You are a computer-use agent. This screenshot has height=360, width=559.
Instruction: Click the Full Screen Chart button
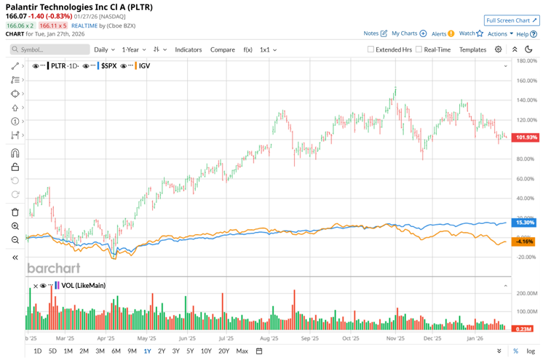point(512,20)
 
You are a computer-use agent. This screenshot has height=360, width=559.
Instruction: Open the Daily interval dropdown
point(104,49)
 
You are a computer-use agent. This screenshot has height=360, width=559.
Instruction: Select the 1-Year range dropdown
point(133,49)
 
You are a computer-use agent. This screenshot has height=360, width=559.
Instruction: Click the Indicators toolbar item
point(188,49)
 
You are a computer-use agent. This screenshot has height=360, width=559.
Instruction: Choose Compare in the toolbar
point(223,49)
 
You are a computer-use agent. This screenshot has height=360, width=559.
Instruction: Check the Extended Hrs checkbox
point(370,49)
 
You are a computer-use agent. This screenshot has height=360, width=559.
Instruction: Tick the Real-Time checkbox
point(419,49)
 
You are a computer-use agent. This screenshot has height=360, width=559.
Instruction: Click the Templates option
point(472,49)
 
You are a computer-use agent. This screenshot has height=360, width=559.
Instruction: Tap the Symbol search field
point(49,49)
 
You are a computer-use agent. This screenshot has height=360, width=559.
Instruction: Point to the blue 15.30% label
point(525,223)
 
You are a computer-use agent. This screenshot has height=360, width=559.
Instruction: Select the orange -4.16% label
point(524,241)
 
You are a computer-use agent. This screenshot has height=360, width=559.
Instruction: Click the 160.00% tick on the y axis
point(526,81)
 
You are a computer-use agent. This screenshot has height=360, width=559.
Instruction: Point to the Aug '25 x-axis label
point(269,338)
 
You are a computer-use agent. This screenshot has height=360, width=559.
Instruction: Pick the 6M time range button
point(116,351)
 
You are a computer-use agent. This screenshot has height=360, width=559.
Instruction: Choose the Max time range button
point(242,351)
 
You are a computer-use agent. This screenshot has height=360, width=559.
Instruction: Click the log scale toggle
point(531,351)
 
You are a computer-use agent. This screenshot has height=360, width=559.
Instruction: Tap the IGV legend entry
point(144,66)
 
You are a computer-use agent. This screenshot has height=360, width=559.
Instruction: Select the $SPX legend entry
point(108,66)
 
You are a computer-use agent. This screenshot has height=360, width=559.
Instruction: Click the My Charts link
point(408,33)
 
